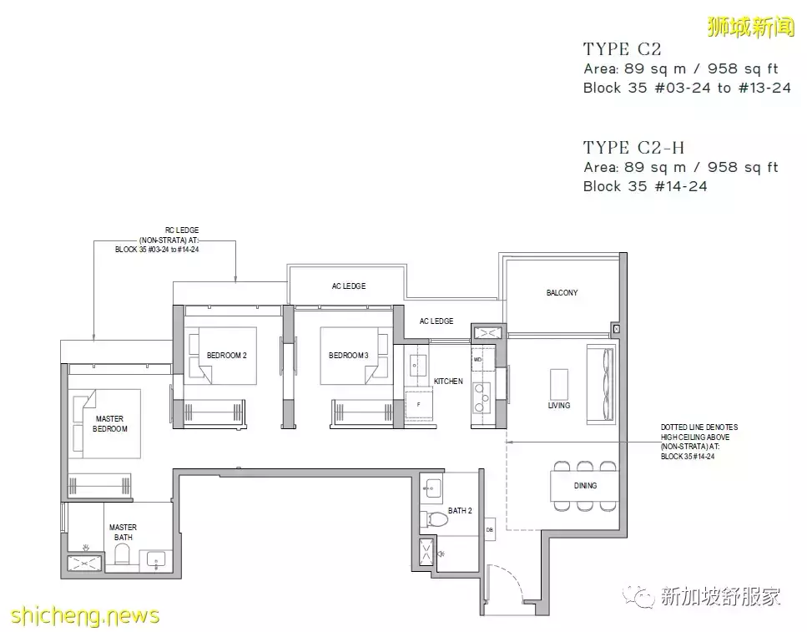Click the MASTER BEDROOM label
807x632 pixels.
tap(110, 423)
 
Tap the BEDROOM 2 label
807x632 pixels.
tap(227, 356)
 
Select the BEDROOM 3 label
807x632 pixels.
tap(349, 356)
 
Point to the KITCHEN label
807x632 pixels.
tap(448, 382)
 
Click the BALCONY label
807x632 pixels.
tap(562, 293)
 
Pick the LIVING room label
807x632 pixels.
tap(559, 406)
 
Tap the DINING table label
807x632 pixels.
tap(585, 486)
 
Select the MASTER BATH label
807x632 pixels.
tap(123, 533)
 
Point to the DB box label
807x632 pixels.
tap(490, 529)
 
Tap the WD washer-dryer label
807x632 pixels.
tap(478, 359)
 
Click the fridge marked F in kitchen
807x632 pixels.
tap(418, 404)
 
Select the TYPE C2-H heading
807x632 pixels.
tap(633, 148)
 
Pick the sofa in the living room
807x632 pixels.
tap(601, 377)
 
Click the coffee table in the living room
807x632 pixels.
tap(558, 384)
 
